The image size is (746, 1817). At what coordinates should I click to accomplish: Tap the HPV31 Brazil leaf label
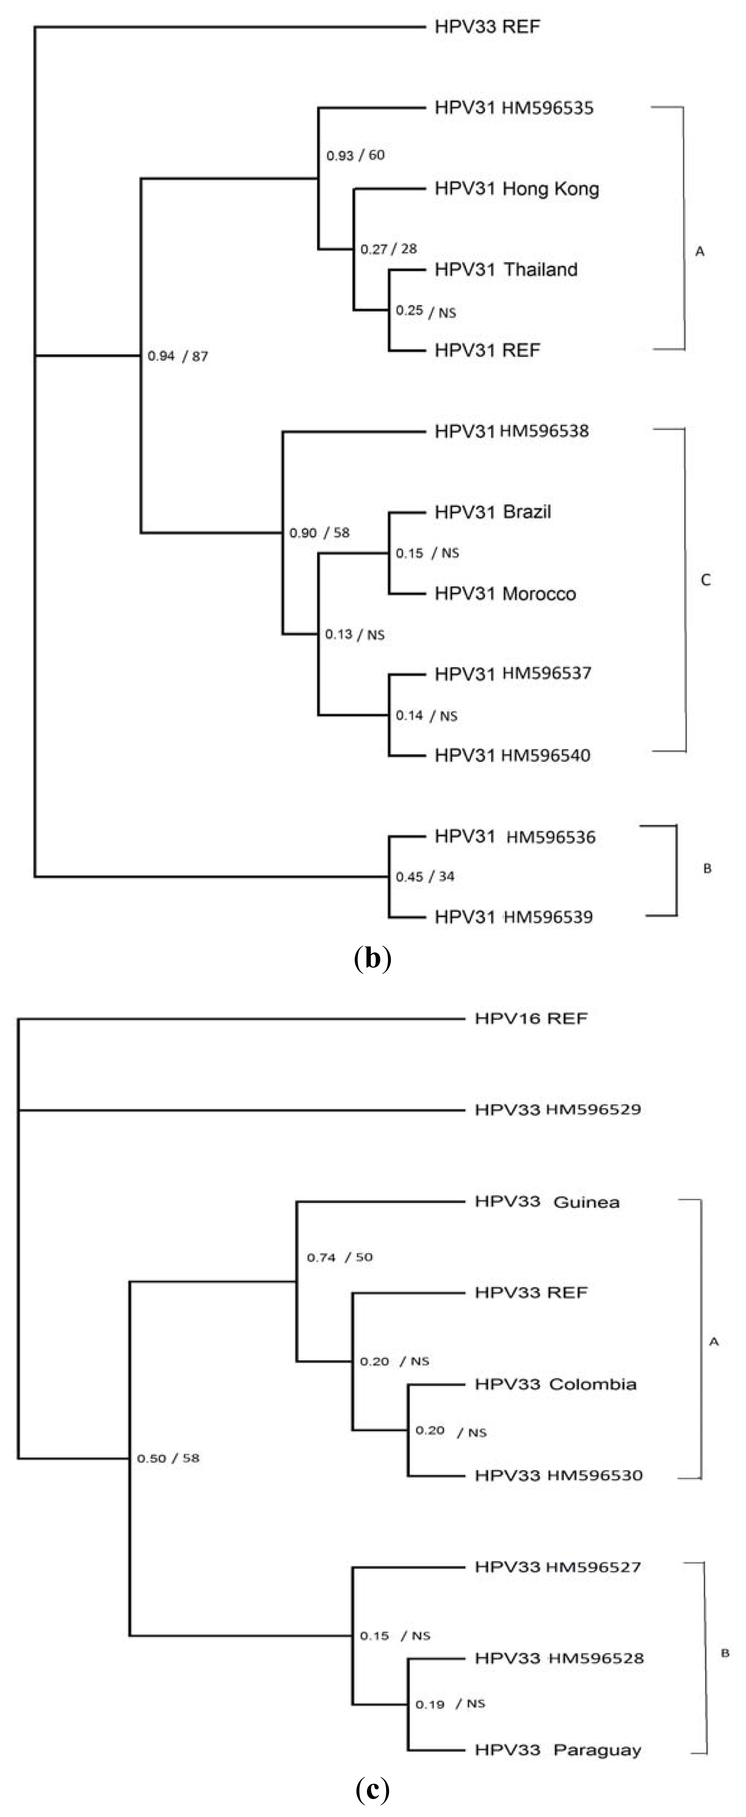(493, 512)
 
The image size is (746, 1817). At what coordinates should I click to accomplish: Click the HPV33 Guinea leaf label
(547, 1202)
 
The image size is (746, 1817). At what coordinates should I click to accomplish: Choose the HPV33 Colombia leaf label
(555, 1384)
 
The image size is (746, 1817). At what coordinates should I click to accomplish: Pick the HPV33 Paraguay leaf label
(558, 1750)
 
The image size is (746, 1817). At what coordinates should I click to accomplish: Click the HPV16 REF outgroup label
(531, 1018)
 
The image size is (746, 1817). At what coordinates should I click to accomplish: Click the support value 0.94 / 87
(178, 356)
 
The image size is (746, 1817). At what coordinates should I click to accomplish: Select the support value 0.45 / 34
(425, 877)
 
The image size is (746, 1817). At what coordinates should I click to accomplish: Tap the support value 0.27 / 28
(388, 249)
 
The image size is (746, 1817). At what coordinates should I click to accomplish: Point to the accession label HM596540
(546, 755)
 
